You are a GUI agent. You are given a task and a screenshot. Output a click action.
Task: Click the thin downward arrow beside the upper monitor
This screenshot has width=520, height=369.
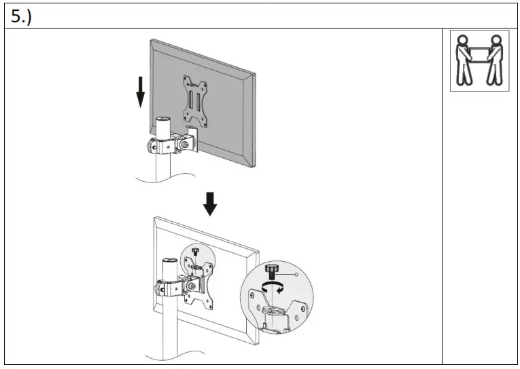pos(140,92)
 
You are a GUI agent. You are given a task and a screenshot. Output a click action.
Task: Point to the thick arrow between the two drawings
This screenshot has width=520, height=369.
pos(211,203)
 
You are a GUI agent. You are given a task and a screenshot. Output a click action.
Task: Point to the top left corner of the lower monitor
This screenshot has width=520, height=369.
pos(156,218)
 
